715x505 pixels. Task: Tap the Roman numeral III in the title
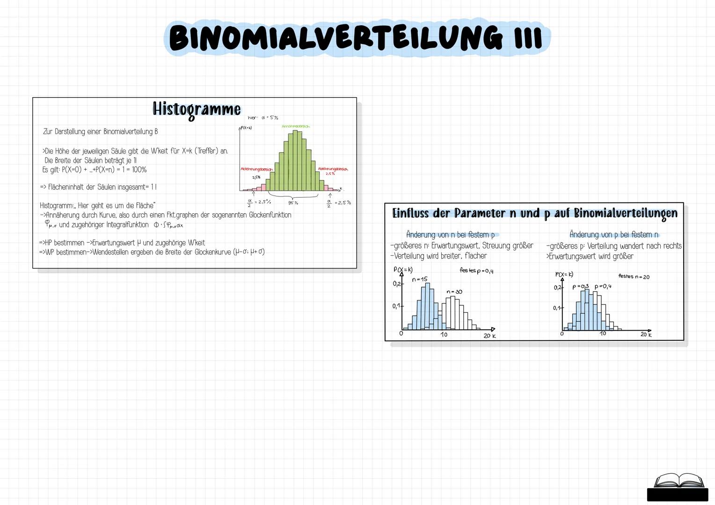tap(528, 38)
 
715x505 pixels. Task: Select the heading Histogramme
tap(197, 109)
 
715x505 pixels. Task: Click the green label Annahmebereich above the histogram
tap(295, 126)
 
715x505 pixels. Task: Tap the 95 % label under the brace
tap(293, 203)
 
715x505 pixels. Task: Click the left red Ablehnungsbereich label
tap(256, 169)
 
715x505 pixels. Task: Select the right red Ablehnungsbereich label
tap(333, 169)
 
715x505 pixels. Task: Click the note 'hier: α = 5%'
tap(263, 118)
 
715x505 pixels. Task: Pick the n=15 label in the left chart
tap(420, 279)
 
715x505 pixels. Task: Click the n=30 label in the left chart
tap(454, 292)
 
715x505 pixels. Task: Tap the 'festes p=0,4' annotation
tap(476, 270)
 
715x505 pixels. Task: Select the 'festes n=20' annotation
tap(634, 276)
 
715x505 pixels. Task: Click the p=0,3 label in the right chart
tap(580, 286)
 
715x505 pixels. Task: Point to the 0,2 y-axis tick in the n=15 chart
tap(396, 284)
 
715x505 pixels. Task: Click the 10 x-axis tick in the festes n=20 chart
tap(603, 333)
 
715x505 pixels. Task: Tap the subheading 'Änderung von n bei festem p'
tap(450, 235)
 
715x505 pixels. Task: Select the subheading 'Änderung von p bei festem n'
tap(614, 235)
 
